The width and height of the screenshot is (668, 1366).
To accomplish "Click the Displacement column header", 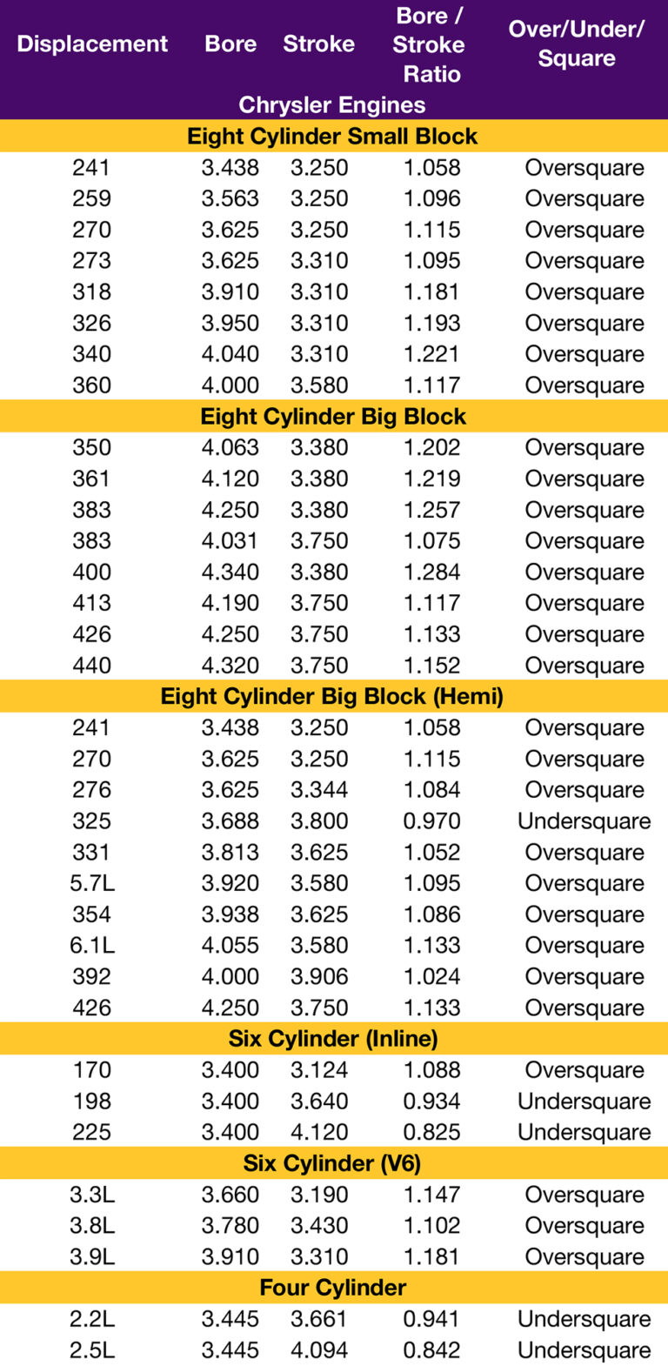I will pos(92,44).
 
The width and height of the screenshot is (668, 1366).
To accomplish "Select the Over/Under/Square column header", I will pos(576,44).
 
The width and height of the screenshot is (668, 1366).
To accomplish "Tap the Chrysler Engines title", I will pos(332,105).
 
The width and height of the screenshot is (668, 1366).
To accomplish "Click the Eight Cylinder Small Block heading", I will pos(332,137).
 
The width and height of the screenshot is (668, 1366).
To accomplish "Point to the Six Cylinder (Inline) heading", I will pos(333,1039).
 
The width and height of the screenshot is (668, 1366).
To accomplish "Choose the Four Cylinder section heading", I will pos(333,1288).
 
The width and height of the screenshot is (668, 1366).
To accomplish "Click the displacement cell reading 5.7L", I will pos(92,883).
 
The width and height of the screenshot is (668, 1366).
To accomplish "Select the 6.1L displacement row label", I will pos(92,946).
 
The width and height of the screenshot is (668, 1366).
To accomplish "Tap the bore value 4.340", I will pos(230,573).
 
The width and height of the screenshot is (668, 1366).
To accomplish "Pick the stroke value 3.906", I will pos(319,976).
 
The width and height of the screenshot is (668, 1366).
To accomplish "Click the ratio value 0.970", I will pos(431,821).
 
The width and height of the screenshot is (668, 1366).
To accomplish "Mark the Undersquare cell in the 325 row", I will pos(584,821).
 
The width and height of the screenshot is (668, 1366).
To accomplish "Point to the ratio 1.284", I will pos(431,573).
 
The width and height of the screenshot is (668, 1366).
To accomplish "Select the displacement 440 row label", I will pos(92,666).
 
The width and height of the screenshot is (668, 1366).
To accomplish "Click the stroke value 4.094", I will pos(319,1350).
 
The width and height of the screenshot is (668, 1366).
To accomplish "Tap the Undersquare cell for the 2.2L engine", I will pos(584,1319).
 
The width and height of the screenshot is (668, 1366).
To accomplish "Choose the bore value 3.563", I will pos(230,198).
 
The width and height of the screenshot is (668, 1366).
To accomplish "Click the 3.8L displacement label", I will pos(92,1226).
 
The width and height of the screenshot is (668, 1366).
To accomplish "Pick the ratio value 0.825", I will pos(431,1132).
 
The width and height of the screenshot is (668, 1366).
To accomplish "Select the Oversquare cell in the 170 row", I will pos(584,1070).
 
